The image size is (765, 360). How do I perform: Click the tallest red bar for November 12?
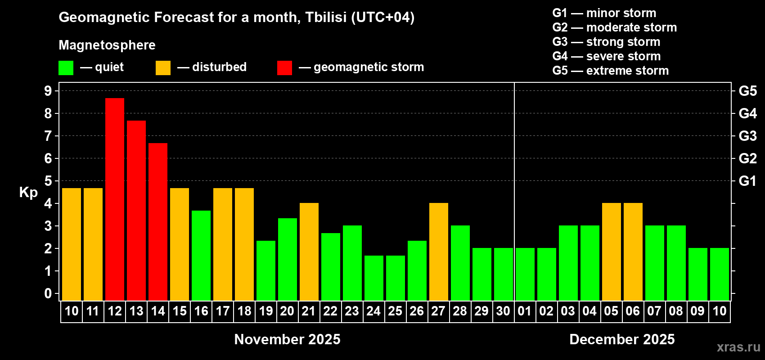115,199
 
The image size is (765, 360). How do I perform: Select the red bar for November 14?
158,222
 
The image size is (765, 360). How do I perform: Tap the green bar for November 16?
201,256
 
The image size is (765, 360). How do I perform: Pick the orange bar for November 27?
438,252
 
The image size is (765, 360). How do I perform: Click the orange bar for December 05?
611,252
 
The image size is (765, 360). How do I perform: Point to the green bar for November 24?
374,278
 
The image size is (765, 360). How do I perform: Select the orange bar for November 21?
309,252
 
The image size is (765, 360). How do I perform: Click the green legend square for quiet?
66,67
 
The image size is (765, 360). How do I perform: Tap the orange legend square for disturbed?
163,67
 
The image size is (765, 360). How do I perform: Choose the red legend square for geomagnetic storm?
284,67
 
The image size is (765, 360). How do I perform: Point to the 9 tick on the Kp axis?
48,91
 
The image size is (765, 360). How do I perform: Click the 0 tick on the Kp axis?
48,293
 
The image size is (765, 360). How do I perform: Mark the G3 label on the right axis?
748,136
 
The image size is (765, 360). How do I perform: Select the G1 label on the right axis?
748,181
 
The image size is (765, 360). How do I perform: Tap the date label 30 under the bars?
503,311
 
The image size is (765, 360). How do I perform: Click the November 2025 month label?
287,339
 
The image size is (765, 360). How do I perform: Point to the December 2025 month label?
622,339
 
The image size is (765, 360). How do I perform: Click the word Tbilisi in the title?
326,18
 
